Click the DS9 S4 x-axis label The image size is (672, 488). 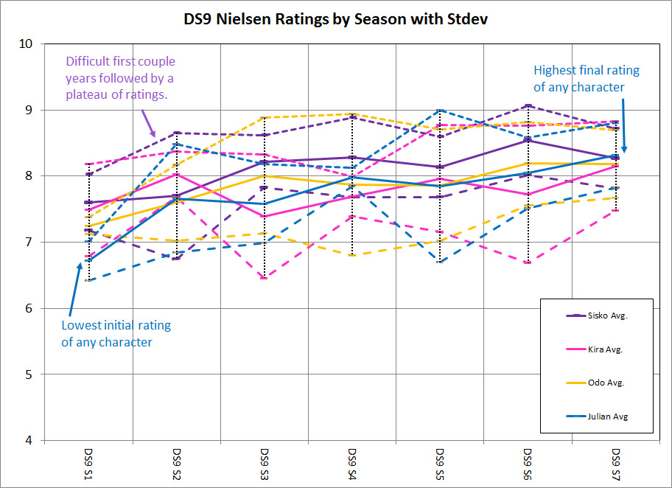point(352,464)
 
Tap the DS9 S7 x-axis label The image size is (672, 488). point(616,464)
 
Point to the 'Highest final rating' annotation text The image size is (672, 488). point(587,79)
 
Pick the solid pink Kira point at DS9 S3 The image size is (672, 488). point(265,216)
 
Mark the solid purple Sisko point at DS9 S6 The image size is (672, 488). point(528,140)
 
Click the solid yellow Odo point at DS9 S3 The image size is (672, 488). point(265,175)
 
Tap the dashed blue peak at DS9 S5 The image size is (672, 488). point(440,110)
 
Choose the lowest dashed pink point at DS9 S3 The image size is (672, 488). point(265,278)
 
